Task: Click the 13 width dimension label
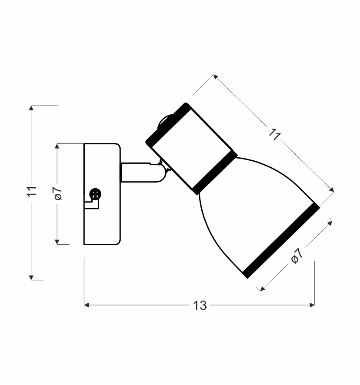point(200,305)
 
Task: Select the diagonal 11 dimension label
point(273,134)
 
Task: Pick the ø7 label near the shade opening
point(296,257)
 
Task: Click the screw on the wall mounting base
point(94,194)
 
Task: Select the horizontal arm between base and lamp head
point(139,173)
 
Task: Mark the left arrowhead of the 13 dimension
point(86,305)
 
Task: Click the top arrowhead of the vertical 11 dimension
point(31,107)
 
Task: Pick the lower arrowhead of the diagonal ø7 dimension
point(262,288)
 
